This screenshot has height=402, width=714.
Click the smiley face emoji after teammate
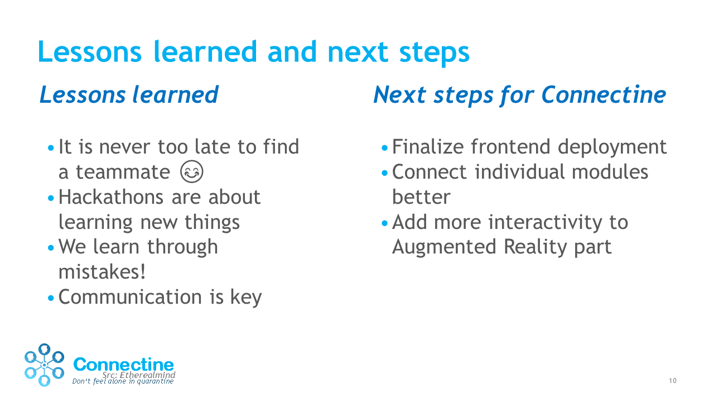click(191, 171)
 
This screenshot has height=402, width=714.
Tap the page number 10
click(673, 381)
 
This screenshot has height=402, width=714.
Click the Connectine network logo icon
click(44, 365)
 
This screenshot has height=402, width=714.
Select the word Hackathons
click(111, 197)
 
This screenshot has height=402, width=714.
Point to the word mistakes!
click(102, 272)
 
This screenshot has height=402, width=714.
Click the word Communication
click(130, 297)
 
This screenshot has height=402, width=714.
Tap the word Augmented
click(444, 247)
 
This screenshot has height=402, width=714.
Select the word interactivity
click(546, 222)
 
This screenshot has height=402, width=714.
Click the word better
click(421, 197)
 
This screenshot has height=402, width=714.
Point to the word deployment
click(612, 147)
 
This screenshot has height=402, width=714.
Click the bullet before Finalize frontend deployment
click(384, 148)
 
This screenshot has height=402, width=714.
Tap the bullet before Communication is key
click(51, 298)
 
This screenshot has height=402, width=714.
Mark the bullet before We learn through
click(51, 248)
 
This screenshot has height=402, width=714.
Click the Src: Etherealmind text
click(139, 375)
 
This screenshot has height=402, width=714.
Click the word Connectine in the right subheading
click(604, 95)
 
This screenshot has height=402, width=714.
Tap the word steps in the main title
click(434, 52)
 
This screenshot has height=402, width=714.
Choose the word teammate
click(123, 173)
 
